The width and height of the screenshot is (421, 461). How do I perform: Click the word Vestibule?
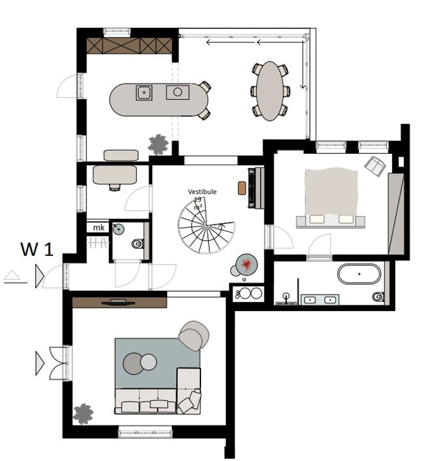coord(202,192)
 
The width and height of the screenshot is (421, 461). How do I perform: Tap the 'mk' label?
coord(98,228)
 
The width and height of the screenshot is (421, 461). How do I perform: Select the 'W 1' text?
coord(37,249)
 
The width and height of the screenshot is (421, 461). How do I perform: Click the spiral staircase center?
coord(207,225)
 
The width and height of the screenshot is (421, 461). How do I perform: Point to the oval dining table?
coord(270,90)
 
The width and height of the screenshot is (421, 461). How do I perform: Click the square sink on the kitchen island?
coord(144,92)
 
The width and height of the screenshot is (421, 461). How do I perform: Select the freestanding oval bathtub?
coord(359,274)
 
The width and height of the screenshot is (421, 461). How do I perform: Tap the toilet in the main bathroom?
coord(378,296)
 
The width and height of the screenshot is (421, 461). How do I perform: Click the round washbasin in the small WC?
coord(119,229)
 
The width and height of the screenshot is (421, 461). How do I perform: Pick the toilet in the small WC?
coord(138,244)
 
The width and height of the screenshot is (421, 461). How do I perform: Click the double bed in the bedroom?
coord(331,198)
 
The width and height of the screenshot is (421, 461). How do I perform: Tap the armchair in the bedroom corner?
coord(375,166)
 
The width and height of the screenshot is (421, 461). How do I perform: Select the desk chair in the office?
coord(115,187)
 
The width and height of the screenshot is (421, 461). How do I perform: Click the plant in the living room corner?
coord(83,414)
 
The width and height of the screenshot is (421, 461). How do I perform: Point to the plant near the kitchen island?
coord(158,145)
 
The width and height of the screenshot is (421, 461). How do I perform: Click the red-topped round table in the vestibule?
coord(246,264)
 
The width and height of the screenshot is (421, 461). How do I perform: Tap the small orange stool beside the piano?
coord(242,188)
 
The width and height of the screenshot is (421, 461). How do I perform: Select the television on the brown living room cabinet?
coord(118,303)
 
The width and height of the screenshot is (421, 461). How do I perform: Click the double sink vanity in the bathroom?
coord(320,300)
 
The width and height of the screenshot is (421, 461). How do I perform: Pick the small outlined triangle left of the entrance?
coord(12,275)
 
